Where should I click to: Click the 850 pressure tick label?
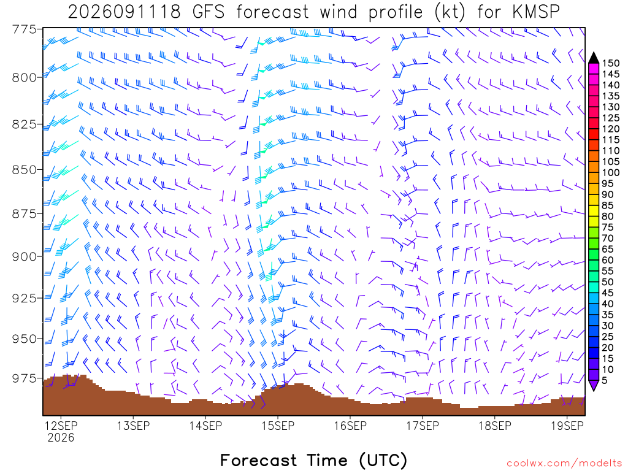[x=24, y=170]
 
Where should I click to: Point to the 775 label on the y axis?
[x=24, y=29]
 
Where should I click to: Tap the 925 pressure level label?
[x=24, y=299]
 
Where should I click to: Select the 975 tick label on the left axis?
[x=24, y=378]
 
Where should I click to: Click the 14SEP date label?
[x=205, y=426]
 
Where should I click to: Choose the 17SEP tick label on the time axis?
[x=423, y=426]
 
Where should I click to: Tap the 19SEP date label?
[x=567, y=426]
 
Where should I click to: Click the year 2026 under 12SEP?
[x=61, y=437]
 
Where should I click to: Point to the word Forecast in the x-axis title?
[x=259, y=460]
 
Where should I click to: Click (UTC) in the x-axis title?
[x=383, y=460]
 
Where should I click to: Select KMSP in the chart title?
[x=536, y=12]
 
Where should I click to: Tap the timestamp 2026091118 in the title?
[x=124, y=12]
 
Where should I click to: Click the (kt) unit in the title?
[x=450, y=12]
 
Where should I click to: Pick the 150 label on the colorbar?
[x=610, y=63]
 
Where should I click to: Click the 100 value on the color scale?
[x=610, y=172]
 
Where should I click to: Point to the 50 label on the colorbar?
[x=608, y=282]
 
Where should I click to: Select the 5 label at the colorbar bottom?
[x=605, y=380]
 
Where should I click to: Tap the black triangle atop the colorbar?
[x=594, y=58]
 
